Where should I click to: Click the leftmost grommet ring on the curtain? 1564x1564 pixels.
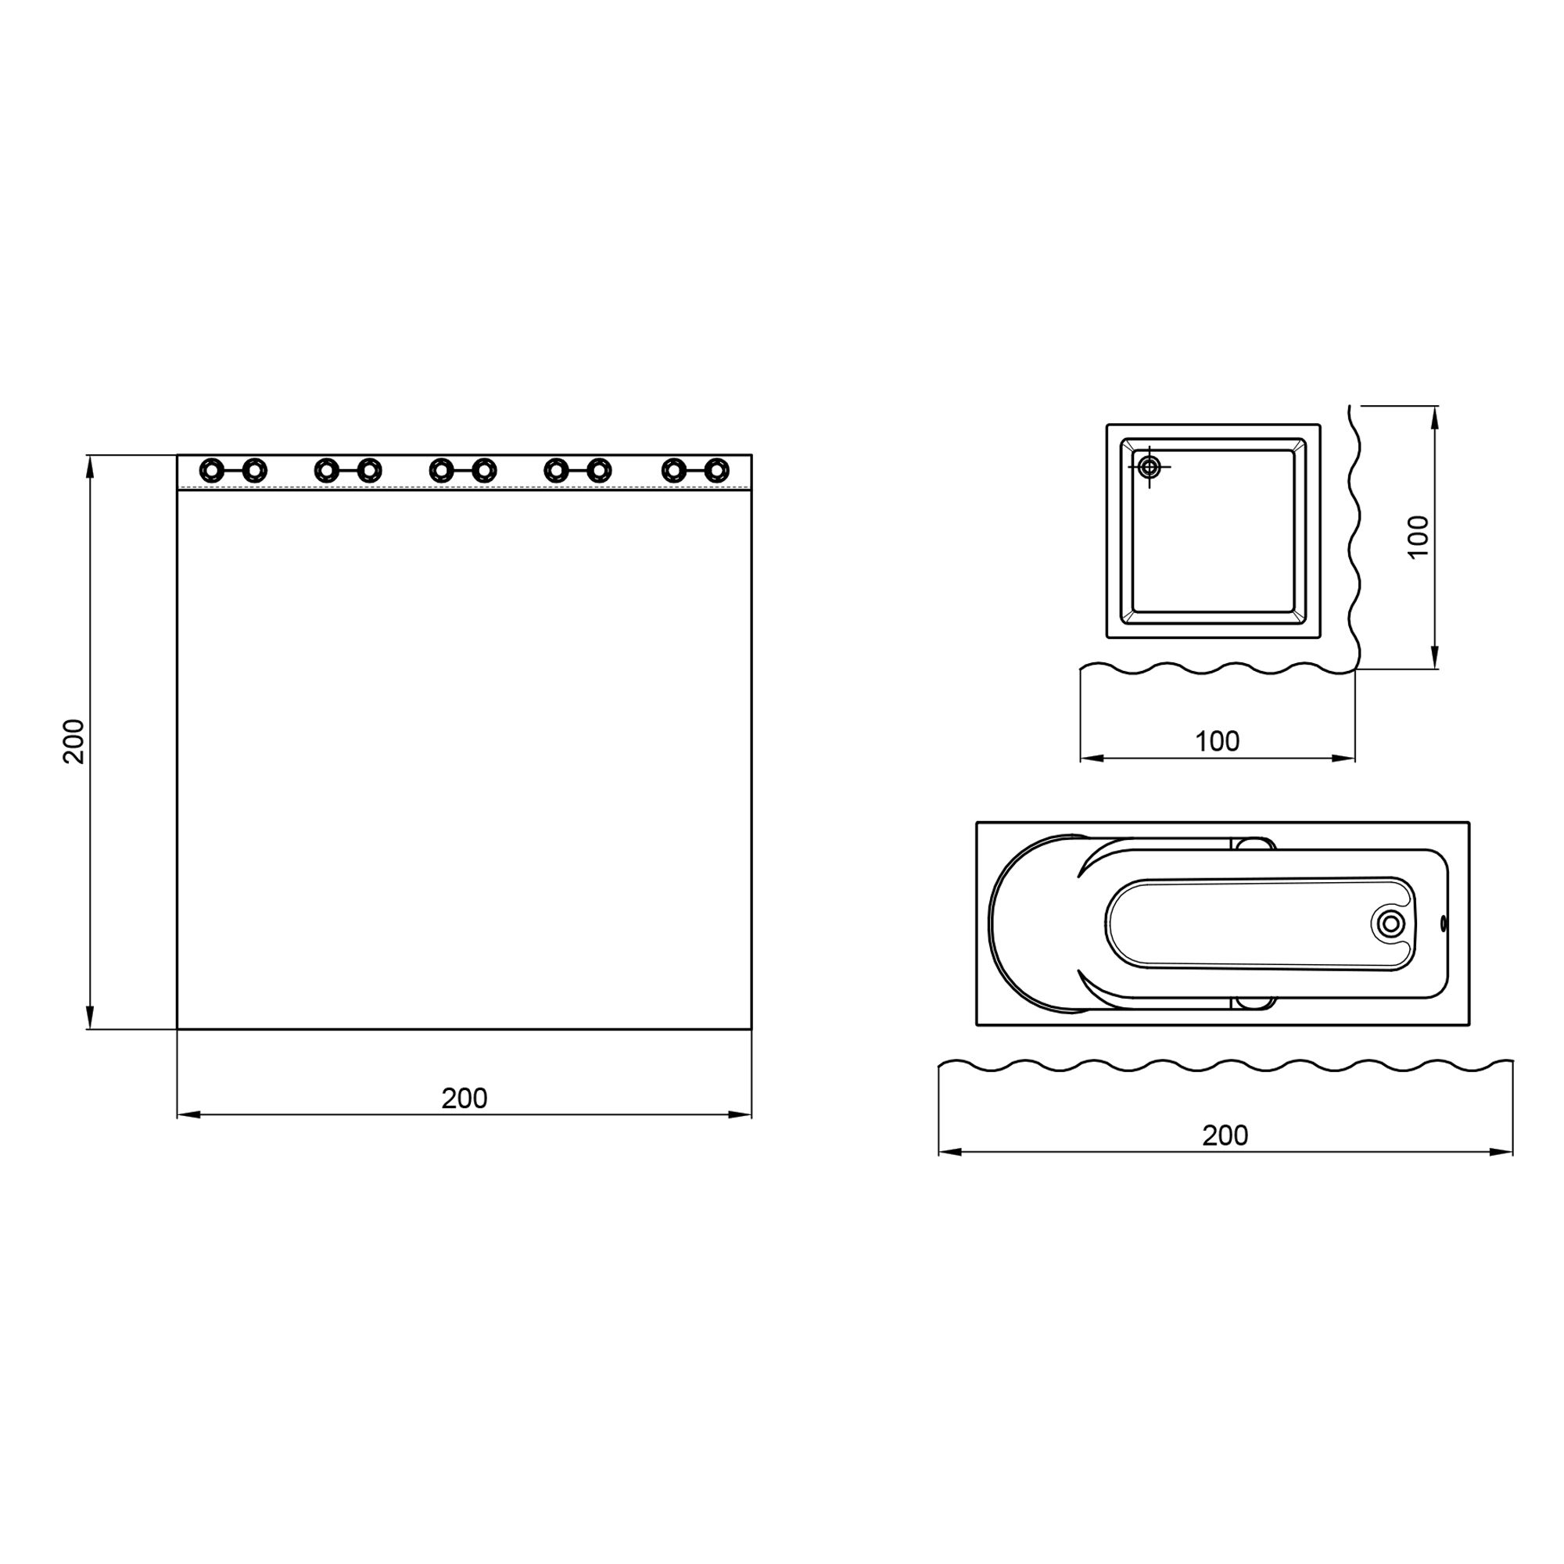[211, 469]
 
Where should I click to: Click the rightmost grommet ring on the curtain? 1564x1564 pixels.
[716, 469]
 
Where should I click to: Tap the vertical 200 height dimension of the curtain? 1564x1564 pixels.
[74, 741]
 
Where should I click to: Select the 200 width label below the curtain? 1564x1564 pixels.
[464, 1099]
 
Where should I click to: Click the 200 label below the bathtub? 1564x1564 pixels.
[1225, 1135]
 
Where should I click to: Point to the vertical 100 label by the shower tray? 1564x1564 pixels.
[1419, 536]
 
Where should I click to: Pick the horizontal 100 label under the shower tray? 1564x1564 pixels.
[1217, 741]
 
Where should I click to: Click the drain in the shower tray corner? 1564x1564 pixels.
[1150, 466]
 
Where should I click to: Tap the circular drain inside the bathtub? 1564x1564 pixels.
[1390, 923]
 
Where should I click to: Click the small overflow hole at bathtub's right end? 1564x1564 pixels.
[1444, 923]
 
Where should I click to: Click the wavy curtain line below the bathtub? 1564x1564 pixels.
[1225, 1065]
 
